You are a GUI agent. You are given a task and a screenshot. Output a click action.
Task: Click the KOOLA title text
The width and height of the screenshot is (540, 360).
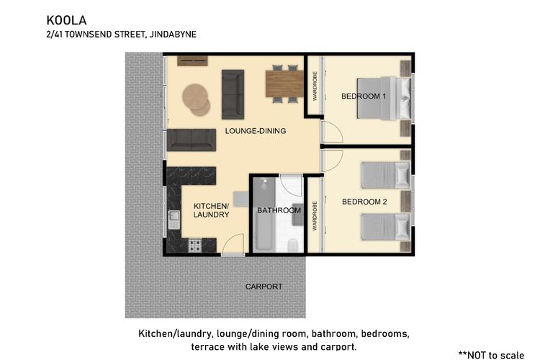[x=66, y=20]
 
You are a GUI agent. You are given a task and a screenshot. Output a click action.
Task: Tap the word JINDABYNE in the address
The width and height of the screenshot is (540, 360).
[x=173, y=35]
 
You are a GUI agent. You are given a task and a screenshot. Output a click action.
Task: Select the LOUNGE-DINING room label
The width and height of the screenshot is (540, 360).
[x=256, y=131]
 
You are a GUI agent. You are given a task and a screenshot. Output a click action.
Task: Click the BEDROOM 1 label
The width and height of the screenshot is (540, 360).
[x=364, y=96]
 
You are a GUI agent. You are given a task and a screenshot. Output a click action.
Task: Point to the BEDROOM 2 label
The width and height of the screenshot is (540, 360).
[x=364, y=202]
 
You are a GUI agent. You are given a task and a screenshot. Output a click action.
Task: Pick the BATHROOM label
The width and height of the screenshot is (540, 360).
[x=279, y=210]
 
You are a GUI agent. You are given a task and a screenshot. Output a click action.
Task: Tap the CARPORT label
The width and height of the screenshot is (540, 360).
[x=264, y=287]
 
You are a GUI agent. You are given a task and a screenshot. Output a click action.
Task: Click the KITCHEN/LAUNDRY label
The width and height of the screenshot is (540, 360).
[x=211, y=210]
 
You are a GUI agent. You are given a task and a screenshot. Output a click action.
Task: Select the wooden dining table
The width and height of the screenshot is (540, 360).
[x=284, y=84]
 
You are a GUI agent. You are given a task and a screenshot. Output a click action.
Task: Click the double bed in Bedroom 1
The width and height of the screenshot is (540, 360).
[x=384, y=99]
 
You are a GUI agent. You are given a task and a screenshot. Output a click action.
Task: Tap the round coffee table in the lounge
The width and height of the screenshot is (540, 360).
[x=196, y=99]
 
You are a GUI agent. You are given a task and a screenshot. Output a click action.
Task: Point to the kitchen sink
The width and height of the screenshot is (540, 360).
[x=174, y=220]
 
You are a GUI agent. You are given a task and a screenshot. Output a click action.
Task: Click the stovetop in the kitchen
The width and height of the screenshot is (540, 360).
[x=195, y=245]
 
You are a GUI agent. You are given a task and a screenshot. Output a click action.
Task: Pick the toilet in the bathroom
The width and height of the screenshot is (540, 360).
[x=293, y=245]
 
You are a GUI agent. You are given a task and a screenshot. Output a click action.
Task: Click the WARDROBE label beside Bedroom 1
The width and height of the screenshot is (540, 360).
[x=315, y=86]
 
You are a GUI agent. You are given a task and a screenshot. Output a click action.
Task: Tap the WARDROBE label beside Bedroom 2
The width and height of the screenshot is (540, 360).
[x=315, y=216]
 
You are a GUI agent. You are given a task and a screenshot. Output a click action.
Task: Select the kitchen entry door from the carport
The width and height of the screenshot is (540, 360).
[x=233, y=245]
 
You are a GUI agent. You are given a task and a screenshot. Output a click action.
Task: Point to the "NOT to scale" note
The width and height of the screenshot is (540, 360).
[x=492, y=354]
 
